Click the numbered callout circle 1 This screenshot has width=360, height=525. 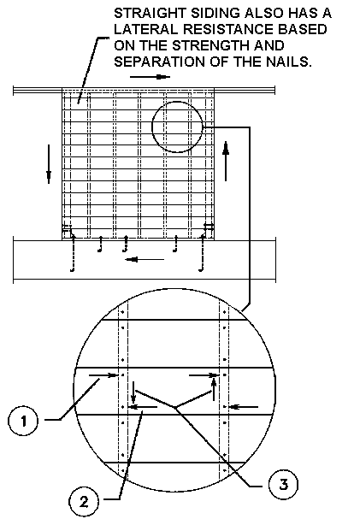coord(23,420)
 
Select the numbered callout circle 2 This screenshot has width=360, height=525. coord(84,502)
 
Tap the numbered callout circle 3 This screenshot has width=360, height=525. coord(283,484)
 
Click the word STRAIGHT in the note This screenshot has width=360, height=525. coord(150,14)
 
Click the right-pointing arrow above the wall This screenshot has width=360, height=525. coord(150,77)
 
